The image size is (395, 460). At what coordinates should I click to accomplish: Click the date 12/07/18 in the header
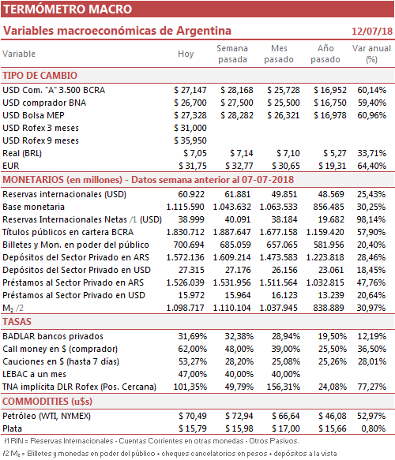click(372, 31)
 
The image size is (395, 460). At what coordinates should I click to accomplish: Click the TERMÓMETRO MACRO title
click(68, 9)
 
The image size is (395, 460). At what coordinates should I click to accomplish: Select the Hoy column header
click(186, 54)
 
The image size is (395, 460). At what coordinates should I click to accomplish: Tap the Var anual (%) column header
click(371, 54)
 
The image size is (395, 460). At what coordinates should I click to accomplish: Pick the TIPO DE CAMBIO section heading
click(40, 76)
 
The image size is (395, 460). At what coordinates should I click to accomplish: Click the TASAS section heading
click(17, 322)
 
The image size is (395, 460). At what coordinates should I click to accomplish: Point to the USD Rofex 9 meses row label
click(40, 140)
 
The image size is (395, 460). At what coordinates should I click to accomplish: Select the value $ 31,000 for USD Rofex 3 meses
click(190, 128)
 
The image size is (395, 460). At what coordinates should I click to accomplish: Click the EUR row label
click(11, 166)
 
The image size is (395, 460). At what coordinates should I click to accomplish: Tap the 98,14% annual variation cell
click(371, 219)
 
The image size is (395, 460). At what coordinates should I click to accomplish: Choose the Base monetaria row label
click(33, 207)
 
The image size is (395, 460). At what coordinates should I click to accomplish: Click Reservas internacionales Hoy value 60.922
click(191, 195)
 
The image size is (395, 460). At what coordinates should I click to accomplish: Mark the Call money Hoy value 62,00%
click(192, 349)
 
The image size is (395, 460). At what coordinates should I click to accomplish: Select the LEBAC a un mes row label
click(34, 374)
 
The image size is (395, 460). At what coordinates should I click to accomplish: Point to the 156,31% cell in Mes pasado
click(284, 387)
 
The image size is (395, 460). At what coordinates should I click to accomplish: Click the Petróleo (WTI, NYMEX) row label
click(47, 416)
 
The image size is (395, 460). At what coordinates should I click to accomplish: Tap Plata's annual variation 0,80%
click(373, 428)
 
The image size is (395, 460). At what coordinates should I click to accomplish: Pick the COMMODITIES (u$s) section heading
click(47, 402)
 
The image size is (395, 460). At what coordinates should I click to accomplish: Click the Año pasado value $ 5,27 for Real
click(335, 153)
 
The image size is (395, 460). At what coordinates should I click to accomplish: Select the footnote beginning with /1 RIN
click(152, 441)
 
